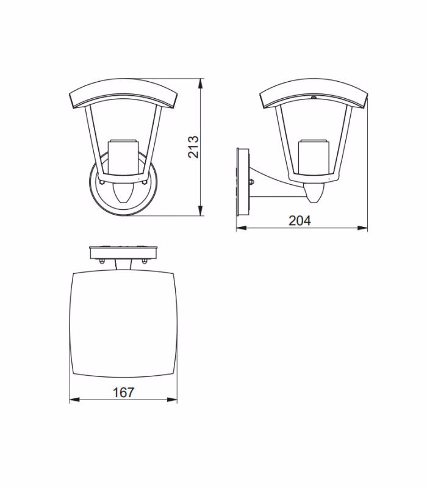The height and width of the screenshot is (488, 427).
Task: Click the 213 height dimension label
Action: coord(193,146)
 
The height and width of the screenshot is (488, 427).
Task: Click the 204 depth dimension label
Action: coord(300,221)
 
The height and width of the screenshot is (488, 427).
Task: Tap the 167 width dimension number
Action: coord(123,392)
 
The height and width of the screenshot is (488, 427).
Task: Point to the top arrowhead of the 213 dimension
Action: coord(201,84)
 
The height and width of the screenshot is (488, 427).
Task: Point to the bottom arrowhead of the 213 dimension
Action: coord(201,210)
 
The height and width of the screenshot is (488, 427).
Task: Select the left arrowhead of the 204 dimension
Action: coord(242,228)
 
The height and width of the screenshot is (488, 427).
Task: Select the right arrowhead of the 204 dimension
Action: coord(362,228)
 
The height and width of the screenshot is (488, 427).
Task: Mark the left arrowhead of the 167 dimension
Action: coord(74,400)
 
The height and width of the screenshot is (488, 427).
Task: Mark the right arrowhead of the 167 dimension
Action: coord(172,400)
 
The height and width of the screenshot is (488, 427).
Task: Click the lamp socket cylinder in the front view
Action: coord(123,157)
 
